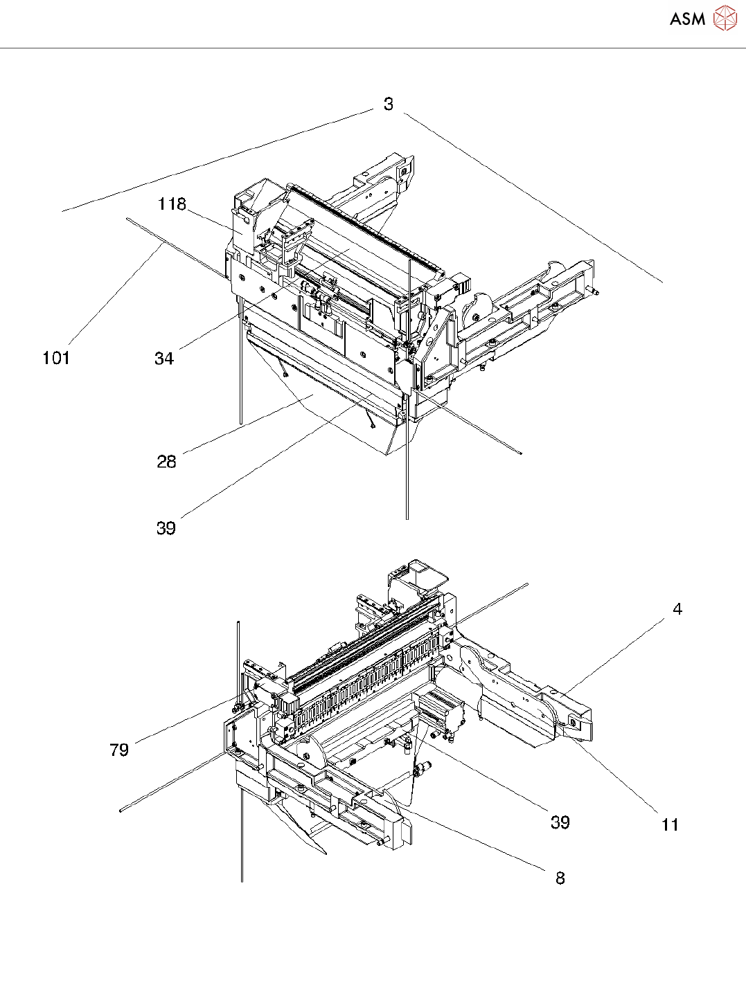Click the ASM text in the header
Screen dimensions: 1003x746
tap(687, 19)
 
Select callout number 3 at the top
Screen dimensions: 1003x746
tap(389, 104)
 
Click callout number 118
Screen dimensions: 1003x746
tap(172, 204)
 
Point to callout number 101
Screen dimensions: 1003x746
tap(56, 357)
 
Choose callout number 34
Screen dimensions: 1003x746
tap(164, 358)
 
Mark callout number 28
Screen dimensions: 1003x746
tap(166, 462)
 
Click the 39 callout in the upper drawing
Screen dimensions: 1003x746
tap(166, 528)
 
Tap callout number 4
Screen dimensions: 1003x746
tap(677, 609)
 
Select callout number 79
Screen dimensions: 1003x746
tap(119, 750)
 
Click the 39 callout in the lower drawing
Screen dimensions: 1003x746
tap(560, 822)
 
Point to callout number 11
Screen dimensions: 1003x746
tap(670, 824)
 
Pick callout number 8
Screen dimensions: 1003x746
tap(560, 878)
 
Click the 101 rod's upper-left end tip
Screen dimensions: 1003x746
tap(129, 219)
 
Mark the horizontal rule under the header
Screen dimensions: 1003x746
tap(373, 48)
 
